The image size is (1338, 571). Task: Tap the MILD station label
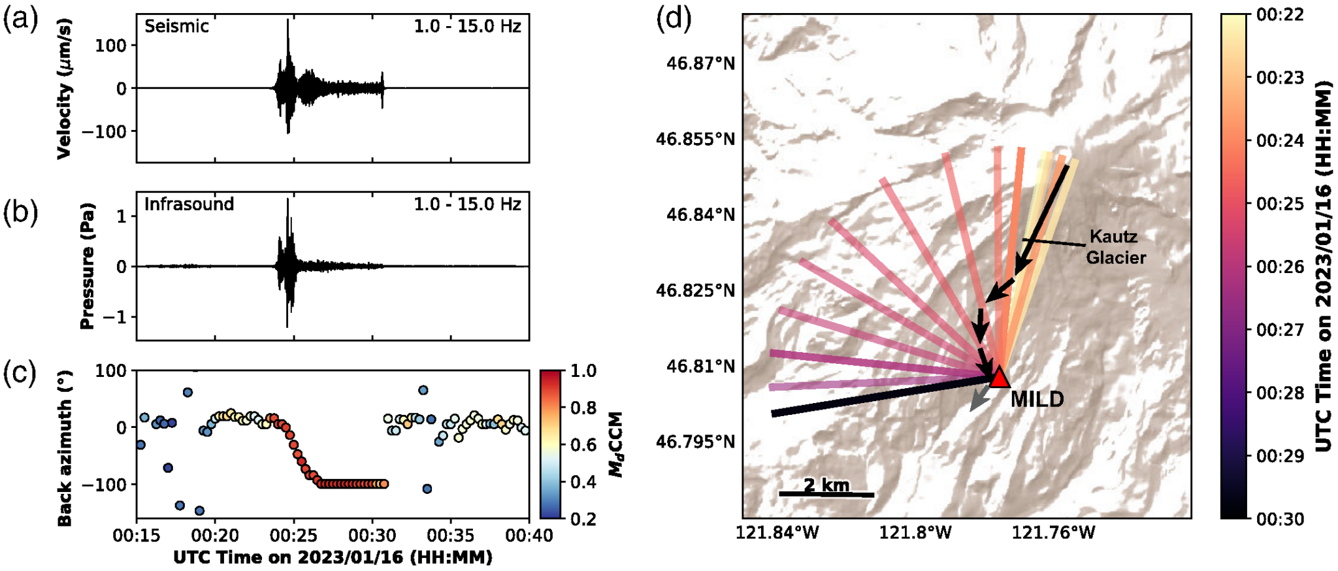(1037, 399)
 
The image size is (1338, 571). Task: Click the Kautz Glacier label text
(1115, 247)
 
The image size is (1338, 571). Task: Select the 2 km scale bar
(826, 494)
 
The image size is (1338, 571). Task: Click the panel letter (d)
(673, 19)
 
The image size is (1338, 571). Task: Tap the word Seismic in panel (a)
(176, 26)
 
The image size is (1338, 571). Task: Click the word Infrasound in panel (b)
(189, 204)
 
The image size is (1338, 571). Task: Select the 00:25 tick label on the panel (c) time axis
(293, 536)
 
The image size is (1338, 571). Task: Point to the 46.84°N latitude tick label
(700, 215)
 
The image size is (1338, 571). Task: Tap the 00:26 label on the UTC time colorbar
(1280, 267)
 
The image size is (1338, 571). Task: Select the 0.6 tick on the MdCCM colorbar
(583, 445)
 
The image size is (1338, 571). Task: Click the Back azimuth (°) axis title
(64, 448)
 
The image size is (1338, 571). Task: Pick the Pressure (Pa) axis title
(87, 266)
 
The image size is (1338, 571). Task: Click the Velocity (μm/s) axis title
(63, 88)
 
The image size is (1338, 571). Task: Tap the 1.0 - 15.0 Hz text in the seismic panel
(467, 26)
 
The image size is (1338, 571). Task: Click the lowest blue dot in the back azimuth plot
(199, 511)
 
